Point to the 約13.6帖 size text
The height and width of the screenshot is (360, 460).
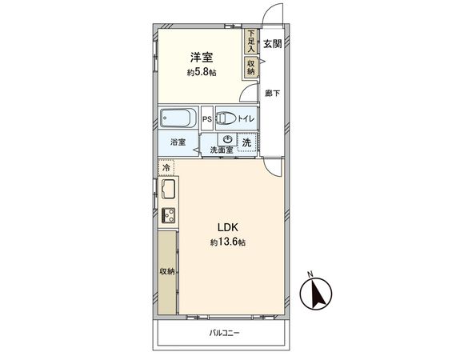(229, 242)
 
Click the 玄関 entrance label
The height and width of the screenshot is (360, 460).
(273, 44)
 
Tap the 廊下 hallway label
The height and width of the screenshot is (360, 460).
(273, 94)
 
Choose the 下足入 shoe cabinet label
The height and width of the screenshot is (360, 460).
(251, 41)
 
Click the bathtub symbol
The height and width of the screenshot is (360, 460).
(178, 118)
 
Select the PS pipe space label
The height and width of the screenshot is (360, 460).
(206, 120)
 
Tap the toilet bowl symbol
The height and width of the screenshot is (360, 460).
(225, 119)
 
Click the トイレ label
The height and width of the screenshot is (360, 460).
(246, 120)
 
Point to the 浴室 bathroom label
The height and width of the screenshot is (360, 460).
(178, 142)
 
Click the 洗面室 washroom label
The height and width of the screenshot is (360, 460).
(222, 150)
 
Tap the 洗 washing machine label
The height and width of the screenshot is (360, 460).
(246, 143)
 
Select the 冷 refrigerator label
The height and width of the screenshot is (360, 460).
(166, 168)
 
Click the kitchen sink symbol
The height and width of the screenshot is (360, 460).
(168, 190)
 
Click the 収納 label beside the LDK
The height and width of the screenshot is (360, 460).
(167, 272)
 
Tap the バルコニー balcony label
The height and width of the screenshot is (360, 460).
(225, 332)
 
